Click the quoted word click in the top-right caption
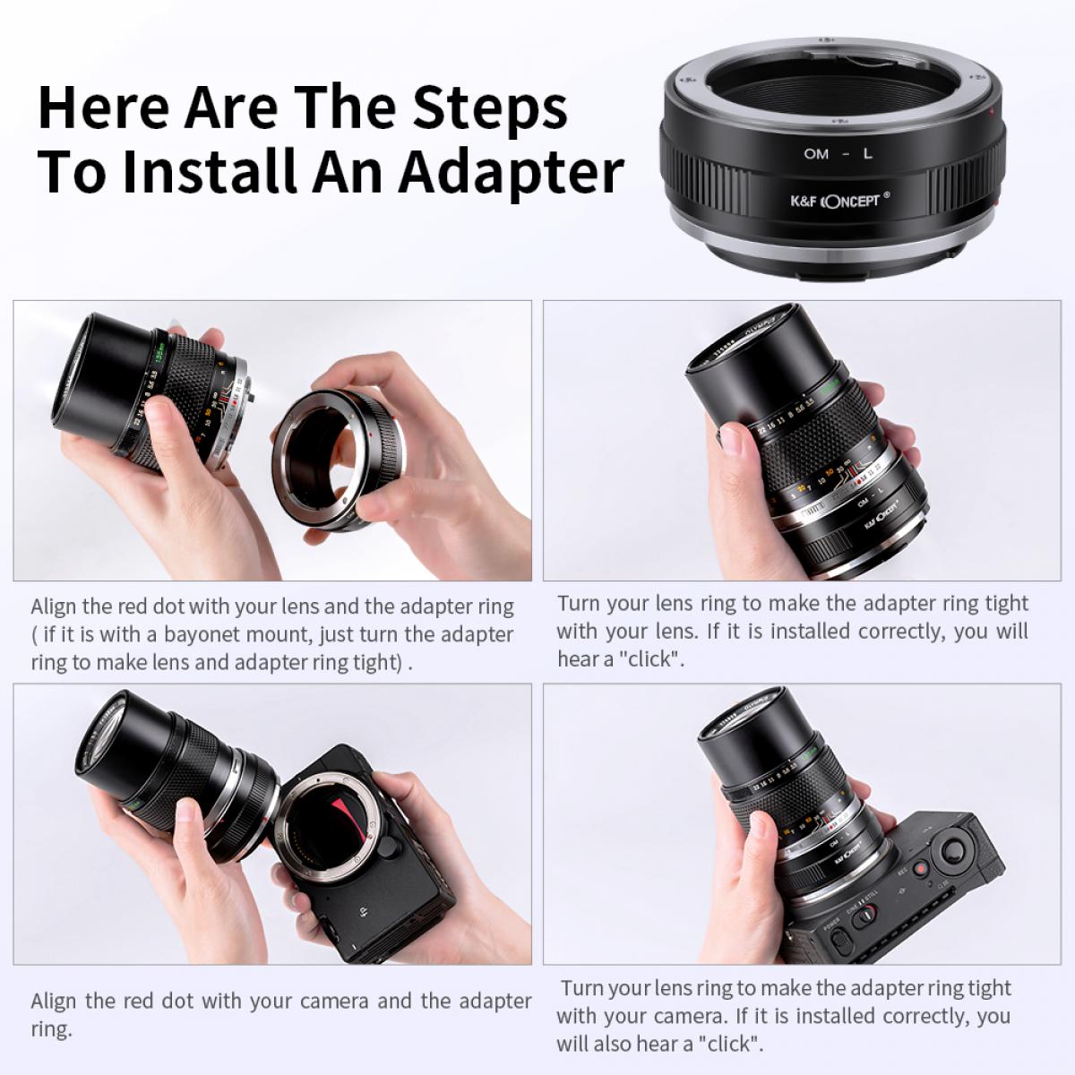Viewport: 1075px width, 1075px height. point(650,659)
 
